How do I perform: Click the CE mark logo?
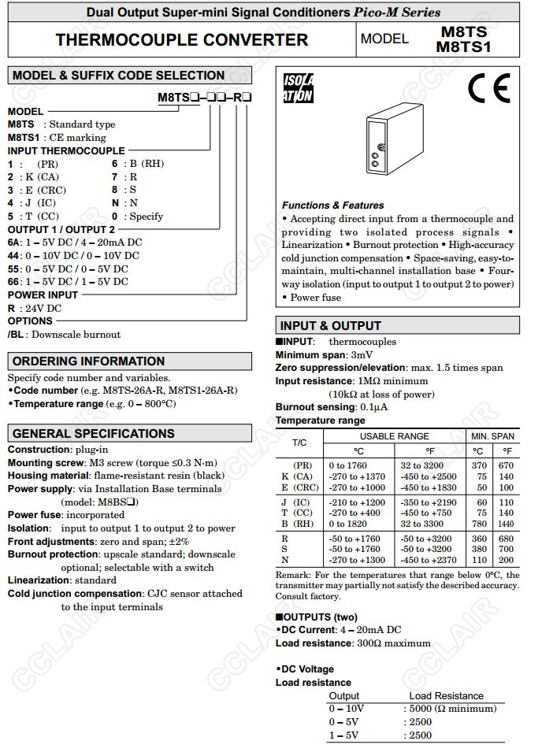coord(488,88)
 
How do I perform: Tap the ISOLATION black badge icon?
coord(298,88)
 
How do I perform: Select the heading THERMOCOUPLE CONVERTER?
coord(182,39)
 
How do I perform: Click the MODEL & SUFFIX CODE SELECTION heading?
coord(118,76)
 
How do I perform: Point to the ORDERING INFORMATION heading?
coord(88,361)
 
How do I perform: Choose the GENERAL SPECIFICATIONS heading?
coord(93,434)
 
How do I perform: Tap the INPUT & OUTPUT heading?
coord(331,325)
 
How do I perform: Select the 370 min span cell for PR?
coord(477,465)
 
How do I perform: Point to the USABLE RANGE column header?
coord(395,436)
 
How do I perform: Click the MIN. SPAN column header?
coord(492,436)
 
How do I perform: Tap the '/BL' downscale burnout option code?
coord(15,335)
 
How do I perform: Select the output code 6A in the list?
coord(14,243)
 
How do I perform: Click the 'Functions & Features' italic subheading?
coord(333,205)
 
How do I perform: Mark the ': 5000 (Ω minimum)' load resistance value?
coord(450,709)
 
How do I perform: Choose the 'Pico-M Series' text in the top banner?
coord(397,13)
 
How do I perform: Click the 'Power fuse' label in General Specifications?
coord(34,515)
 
